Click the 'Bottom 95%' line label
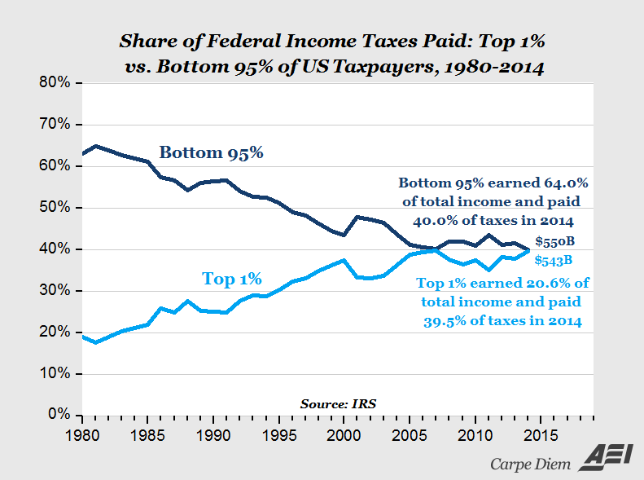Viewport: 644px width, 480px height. point(211,152)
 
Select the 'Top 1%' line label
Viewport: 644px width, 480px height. point(231,280)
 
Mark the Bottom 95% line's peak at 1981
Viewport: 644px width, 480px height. point(96,146)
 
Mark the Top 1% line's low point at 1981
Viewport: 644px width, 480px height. point(96,342)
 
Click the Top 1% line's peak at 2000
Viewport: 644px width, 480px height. point(344,260)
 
